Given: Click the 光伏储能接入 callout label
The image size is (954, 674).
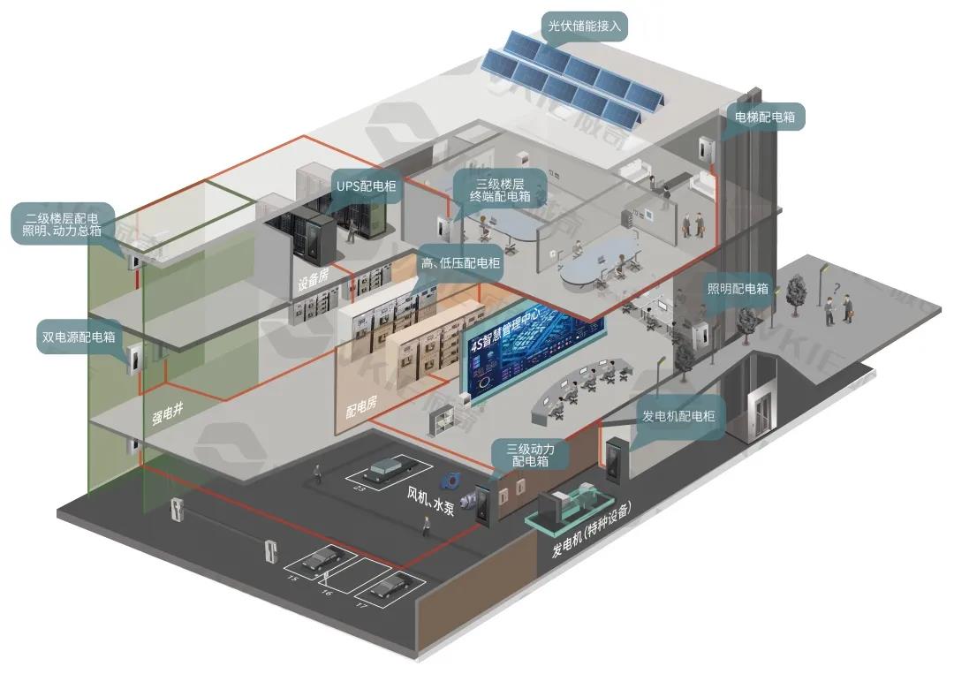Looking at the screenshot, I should [585, 27].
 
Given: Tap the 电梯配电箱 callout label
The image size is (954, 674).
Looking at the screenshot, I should [764, 116].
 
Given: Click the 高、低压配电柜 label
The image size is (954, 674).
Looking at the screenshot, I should [459, 262].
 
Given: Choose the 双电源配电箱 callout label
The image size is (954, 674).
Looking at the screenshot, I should [79, 337].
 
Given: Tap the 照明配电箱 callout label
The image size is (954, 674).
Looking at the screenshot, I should [738, 288].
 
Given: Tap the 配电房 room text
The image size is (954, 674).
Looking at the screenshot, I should [361, 405].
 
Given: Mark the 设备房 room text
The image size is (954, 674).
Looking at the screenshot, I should [314, 282].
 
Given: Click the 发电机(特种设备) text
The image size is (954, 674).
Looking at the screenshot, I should [593, 530].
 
